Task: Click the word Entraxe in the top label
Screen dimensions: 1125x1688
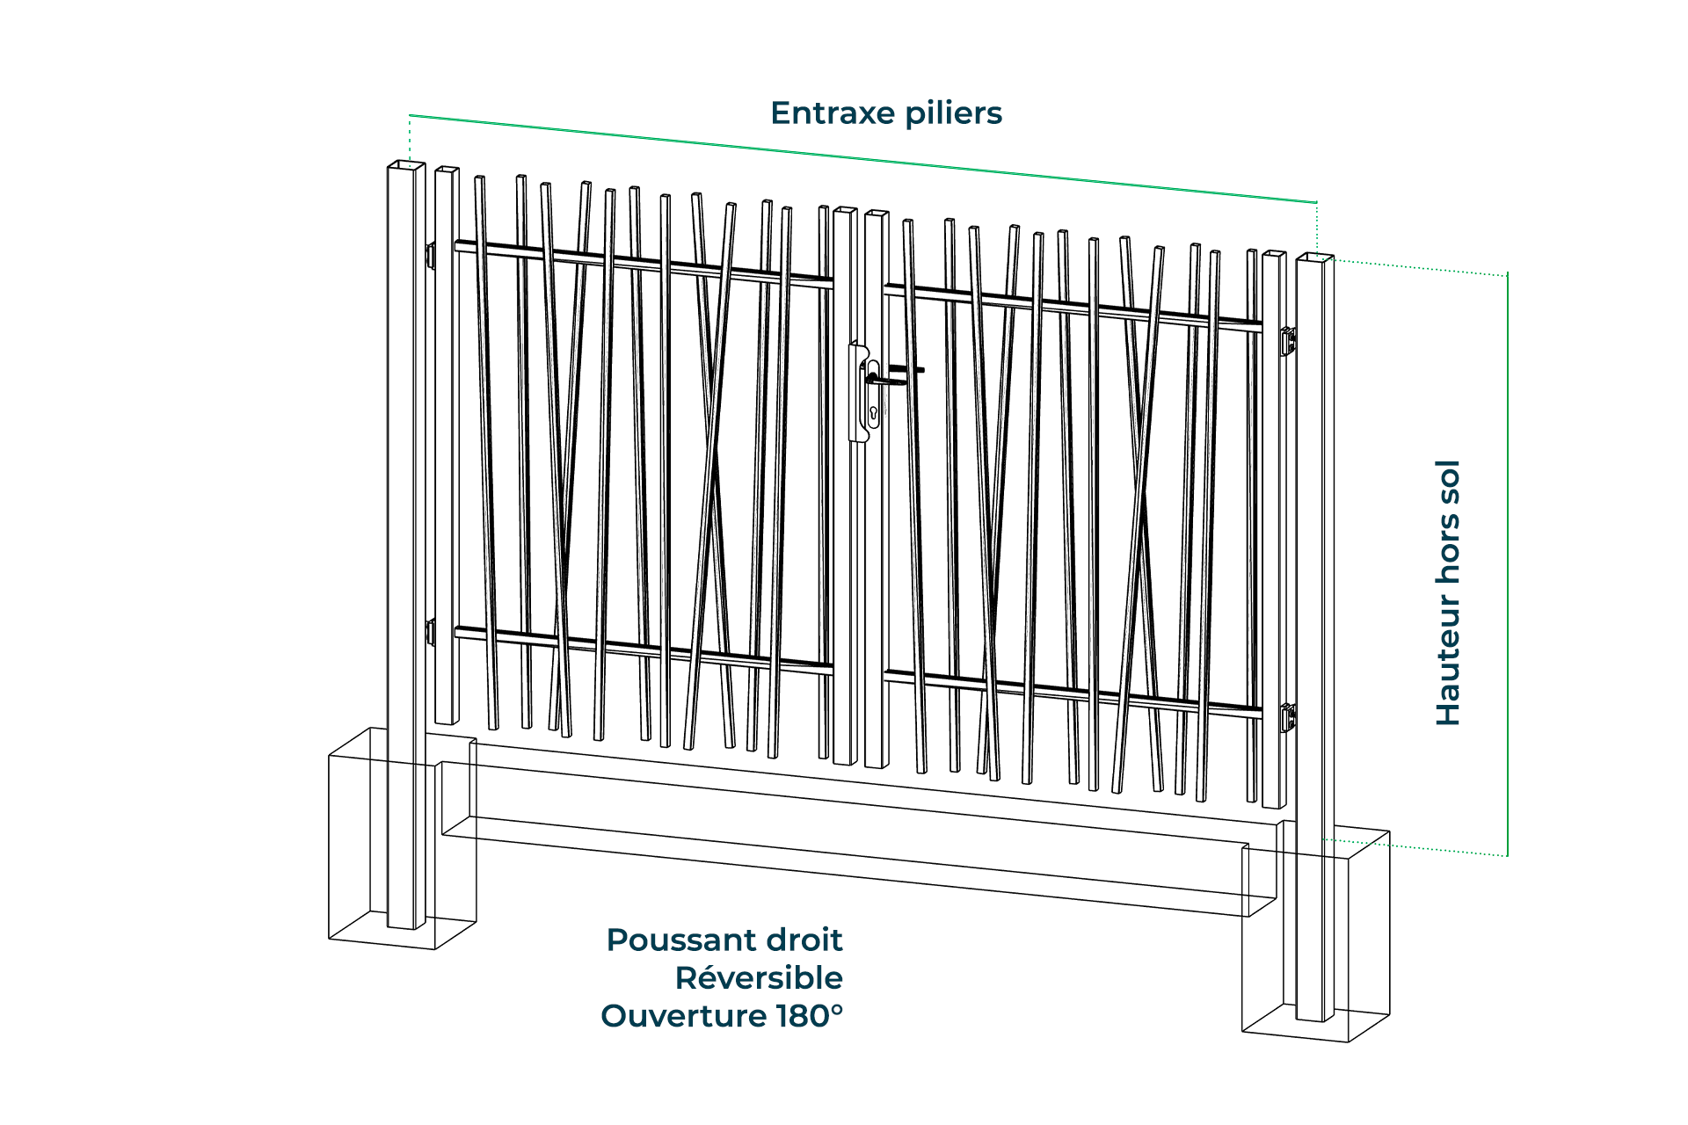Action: [833, 113]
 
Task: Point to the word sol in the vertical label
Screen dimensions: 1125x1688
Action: [1448, 482]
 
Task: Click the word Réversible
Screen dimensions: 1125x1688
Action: [759, 978]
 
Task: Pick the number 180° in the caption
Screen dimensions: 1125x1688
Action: [809, 1016]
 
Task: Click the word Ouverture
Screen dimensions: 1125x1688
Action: [683, 1016]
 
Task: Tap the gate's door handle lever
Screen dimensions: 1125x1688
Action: [888, 379]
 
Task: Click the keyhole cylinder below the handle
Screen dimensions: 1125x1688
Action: [873, 412]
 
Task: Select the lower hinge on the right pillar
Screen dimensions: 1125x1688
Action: [1288, 717]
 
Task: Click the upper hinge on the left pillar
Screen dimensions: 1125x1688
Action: [430, 255]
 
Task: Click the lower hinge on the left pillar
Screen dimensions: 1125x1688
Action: [430, 632]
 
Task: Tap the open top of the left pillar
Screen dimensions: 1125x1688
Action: [406, 165]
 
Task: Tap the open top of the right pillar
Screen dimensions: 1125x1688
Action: [1315, 258]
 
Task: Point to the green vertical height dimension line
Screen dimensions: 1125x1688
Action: [1507, 562]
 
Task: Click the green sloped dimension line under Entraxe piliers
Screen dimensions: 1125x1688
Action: [862, 159]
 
